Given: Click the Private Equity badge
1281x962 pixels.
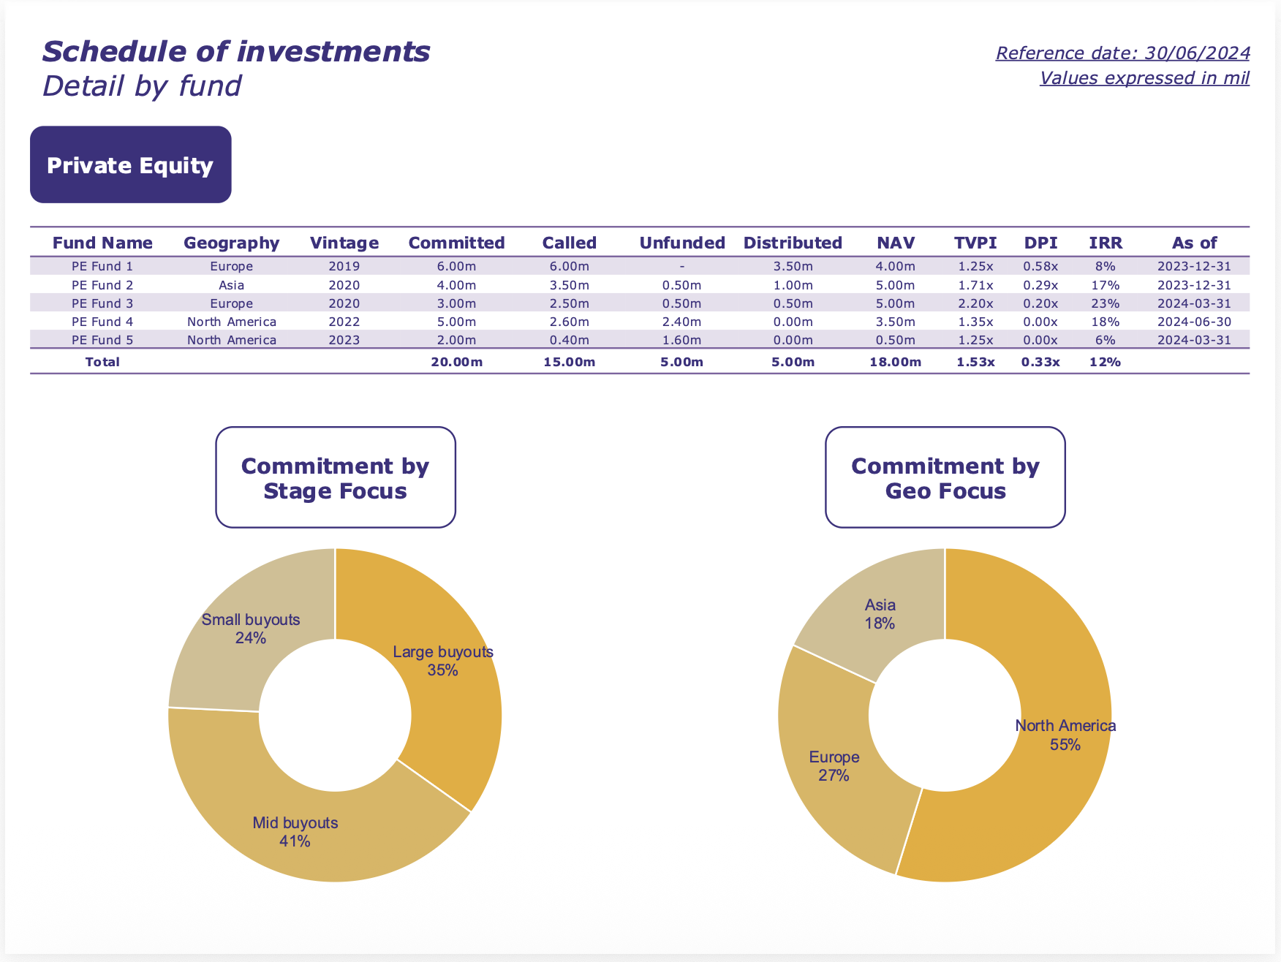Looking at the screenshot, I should tap(130, 165).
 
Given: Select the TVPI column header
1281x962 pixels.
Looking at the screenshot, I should tap(975, 243).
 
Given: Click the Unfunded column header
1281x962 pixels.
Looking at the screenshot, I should tap(681, 243).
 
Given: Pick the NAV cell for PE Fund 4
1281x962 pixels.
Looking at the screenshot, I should tap(895, 322).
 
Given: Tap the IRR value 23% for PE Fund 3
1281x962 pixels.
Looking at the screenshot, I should tap(1105, 303).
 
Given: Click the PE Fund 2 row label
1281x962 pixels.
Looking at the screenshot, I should tap(102, 285).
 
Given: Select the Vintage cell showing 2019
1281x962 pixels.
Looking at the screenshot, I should tap(344, 266).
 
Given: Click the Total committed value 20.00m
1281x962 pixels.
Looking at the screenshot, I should tap(456, 362).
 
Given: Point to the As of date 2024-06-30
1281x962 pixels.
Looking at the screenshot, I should tap(1194, 322).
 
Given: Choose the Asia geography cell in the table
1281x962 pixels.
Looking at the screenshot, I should tap(231, 285).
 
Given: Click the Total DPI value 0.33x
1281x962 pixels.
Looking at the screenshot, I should tap(1040, 362).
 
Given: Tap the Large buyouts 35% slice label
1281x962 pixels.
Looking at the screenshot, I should tap(443, 661).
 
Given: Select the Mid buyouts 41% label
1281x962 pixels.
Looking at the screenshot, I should tap(295, 832).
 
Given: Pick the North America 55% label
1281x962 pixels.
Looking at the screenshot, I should tap(1065, 735).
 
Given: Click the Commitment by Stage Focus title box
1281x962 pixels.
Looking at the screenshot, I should tap(336, 478).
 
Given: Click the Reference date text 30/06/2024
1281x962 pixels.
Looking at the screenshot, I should tap(1122, 53).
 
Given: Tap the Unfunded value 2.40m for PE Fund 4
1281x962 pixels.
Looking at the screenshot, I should tap(681, 322).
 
